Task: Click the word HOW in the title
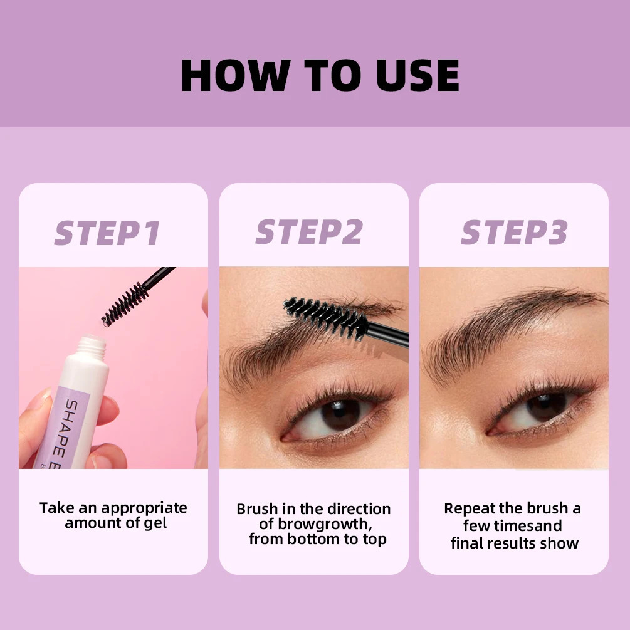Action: click(233, 76)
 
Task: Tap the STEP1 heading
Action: click(108, 233)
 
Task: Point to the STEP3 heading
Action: click(514, 233)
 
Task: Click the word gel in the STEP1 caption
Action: click(155, 523)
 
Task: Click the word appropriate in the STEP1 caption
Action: click(144, 508)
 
